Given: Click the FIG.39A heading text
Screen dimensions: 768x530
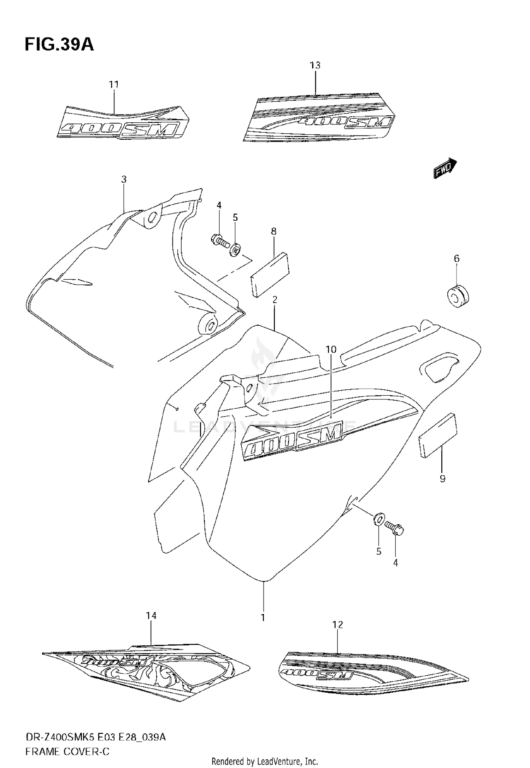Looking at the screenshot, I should point(59,45).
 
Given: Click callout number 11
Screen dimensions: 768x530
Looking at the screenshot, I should point(113,85).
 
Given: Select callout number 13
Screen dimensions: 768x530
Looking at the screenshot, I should point(315,65).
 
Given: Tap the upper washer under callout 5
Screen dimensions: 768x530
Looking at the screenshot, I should point(235,251).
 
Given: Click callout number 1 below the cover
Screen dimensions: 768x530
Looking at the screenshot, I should point(263,618).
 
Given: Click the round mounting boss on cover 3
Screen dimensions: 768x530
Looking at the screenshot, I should point(208,325).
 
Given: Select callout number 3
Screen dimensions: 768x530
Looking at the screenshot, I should point(124,180).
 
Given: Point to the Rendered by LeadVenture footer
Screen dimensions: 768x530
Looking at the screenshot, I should point(265,761).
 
